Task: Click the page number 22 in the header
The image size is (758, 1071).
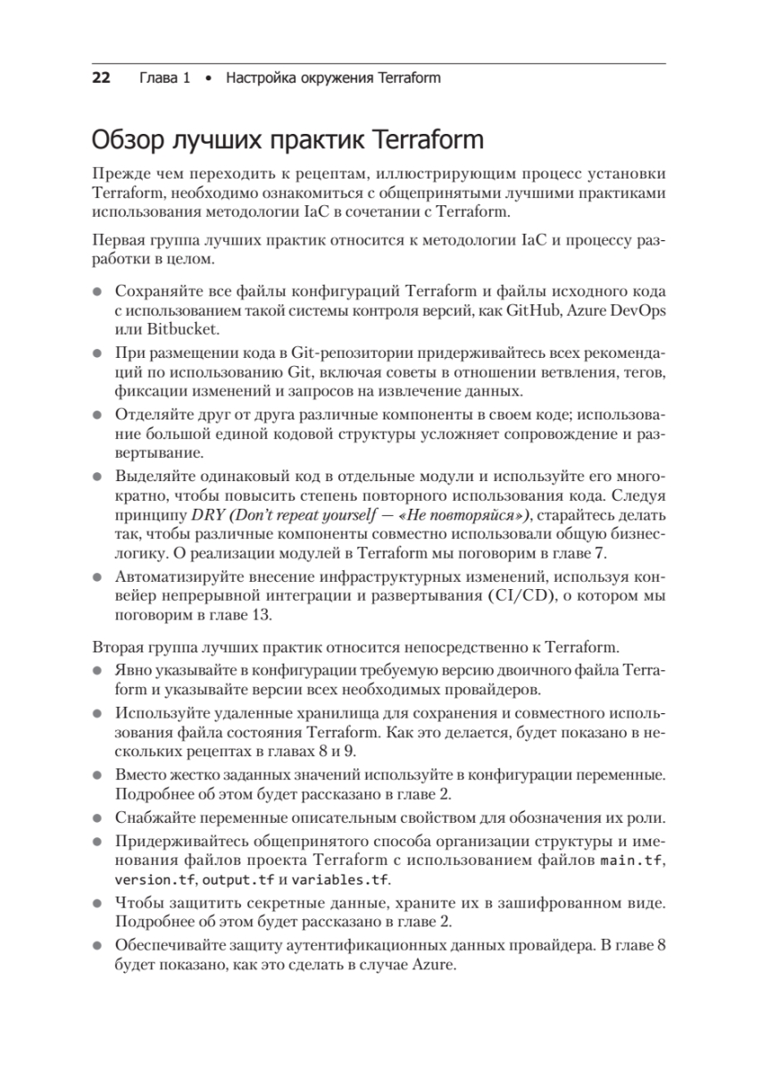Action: pos(100,78)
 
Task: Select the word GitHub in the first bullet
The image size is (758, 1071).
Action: pos(533,310)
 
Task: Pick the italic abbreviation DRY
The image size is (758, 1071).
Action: pos(209,515)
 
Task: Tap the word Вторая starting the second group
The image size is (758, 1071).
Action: pos(117,647)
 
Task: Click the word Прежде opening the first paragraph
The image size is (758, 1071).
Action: pos(122,173)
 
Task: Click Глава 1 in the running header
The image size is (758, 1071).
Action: pos(165,78)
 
